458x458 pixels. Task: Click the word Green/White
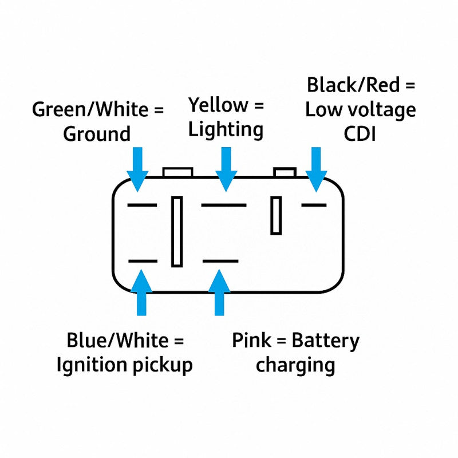90,109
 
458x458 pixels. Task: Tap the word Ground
97,135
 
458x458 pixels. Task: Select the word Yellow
218,105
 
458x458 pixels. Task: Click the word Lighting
226,130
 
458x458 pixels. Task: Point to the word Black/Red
353,85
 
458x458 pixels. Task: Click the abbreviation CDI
360,135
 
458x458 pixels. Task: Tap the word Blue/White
117,340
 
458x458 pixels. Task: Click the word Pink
251,340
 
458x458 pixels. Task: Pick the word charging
295,366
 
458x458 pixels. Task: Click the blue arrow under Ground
137,169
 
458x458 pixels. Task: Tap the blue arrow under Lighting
226,169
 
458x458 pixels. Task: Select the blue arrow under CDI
316,169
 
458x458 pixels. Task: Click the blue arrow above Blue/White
141,293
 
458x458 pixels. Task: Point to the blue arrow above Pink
219,293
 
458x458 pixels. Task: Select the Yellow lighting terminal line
224,205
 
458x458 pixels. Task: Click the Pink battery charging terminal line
220,261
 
